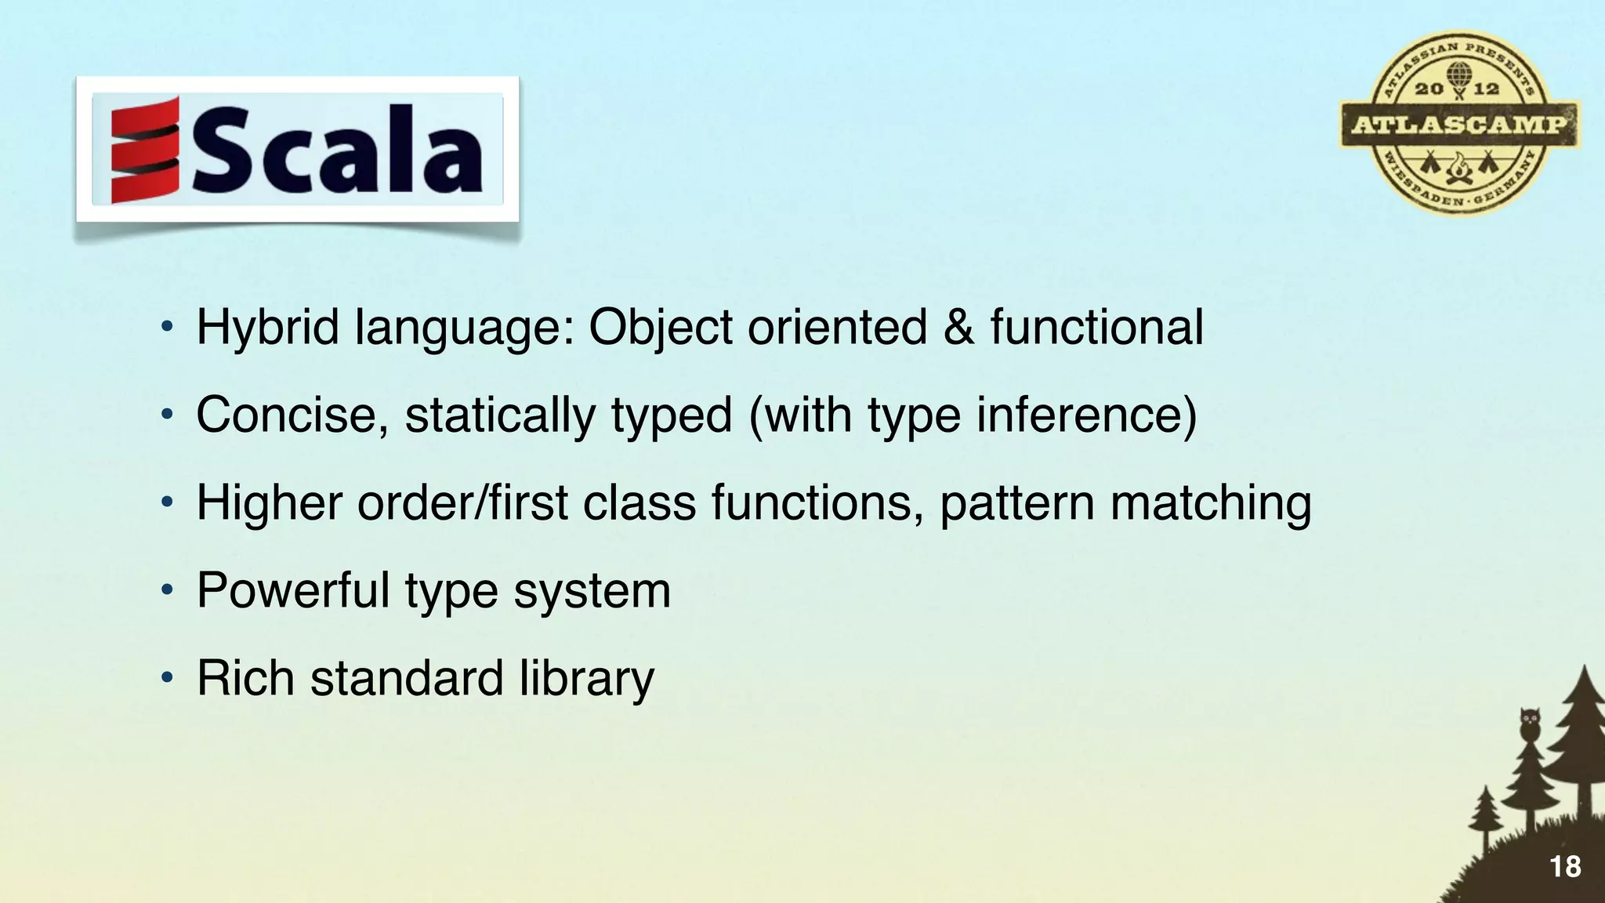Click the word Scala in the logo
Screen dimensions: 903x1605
338,150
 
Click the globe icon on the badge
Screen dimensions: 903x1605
1458,75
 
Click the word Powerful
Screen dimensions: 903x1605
293,590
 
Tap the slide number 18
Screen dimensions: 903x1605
1565,867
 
